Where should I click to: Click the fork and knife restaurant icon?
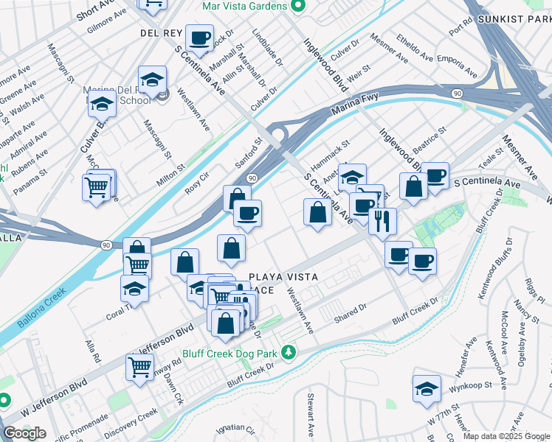[x=382, y=221]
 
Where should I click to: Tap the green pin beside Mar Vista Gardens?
[x=297, y=7]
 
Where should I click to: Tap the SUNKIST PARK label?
[x=514, y=18]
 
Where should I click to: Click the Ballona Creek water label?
[x=35, y=309]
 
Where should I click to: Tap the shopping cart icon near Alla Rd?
[x=139, y=365]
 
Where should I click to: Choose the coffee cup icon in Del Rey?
[x=199, y=37]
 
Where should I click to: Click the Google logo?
[x=24, y=433]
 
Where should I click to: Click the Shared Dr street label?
[x=350, y=312]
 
